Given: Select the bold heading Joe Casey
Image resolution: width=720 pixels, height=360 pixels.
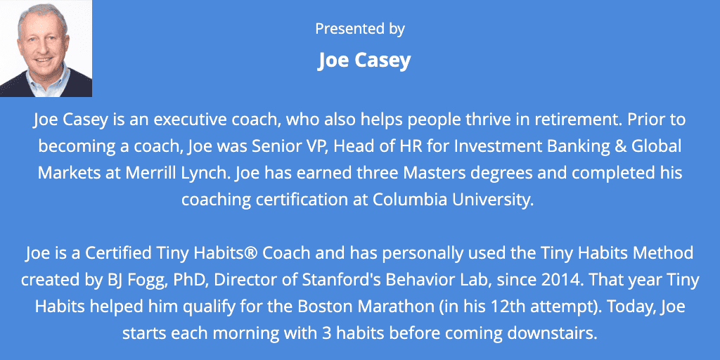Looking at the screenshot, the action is click(x=364, y=60).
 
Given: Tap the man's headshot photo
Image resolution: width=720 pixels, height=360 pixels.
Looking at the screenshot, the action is click(x=46, y=49).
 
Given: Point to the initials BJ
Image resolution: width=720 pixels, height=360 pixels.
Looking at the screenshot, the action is click(x=108, y=280).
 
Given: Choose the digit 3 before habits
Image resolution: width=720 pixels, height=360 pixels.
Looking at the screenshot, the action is click(x=281, y=333).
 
